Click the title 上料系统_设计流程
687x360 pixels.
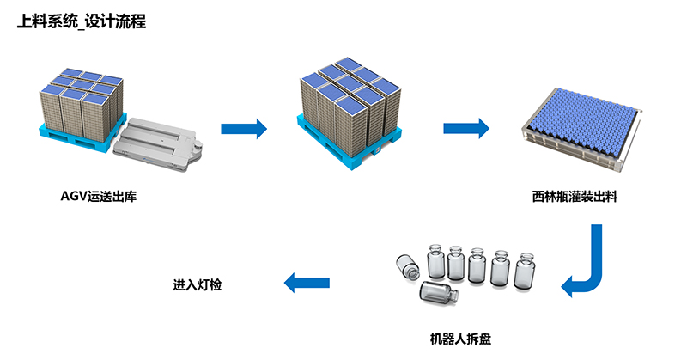point(82,21)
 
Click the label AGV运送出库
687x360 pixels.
point(99,197)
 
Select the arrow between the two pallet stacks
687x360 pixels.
point(244,129)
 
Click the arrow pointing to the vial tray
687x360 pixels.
point(466,129)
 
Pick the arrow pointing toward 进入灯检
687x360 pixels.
point(307,282)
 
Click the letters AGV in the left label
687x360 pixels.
point(73,197)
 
